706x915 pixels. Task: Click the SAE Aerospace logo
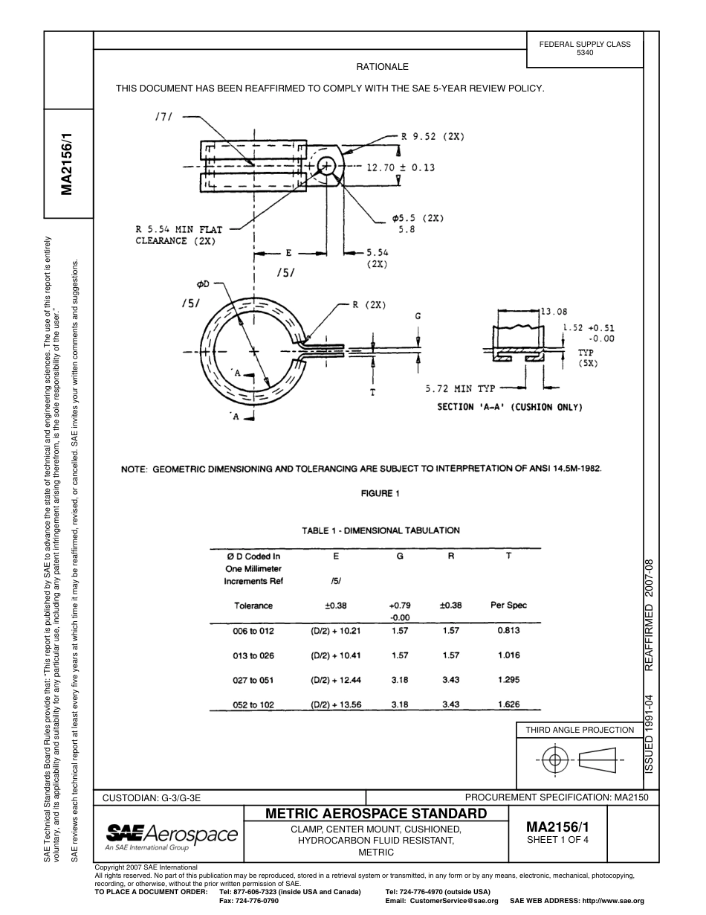pyautogui.click(x=172, y=835)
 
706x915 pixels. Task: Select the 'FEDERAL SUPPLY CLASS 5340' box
pyautogui.click(x=585, y=48)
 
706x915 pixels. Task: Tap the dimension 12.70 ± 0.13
pyautogui.click(x=401, y=167)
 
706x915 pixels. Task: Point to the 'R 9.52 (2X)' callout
pyautogui.click(x=433, y=137)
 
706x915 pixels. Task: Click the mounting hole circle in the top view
pyautogui.click(x=326, y=166)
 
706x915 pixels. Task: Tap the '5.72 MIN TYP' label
pyautogui.click(x=460, y=388)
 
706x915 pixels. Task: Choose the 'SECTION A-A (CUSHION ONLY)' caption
pyautogui.click(x=509, y=407)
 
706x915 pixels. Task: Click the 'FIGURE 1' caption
pyautogui.click(x=380, y=493)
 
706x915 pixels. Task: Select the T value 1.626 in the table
pyautogui.click(x=508, y=704)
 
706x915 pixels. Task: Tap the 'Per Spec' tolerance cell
pyautogui.click(x=508, y=606)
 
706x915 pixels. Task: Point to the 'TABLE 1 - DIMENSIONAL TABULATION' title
pyautogui.click(x=380, y=530)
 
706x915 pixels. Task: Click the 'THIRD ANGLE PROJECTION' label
pyautogui.click(x=580, y=730)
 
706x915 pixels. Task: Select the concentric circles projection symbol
pyautogui.click(x=553, y=760)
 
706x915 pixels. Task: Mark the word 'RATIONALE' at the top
pyautogui.click(x=382, y=67)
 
